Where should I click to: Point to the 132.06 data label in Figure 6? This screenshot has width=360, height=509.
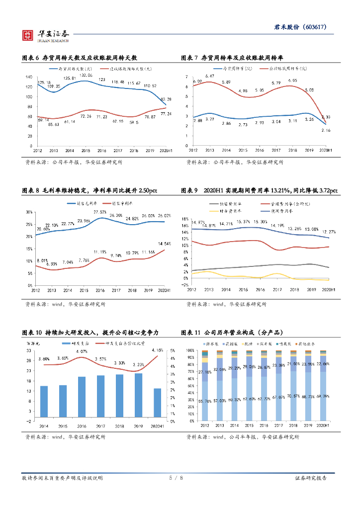pos(87,75)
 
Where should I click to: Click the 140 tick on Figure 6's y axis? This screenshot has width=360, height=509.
pos(28,77)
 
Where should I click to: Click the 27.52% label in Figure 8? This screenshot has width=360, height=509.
pos(100,212)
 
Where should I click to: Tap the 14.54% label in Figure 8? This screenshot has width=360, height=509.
pos(165,244)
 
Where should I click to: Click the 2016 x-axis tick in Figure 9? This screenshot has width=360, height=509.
pos(259,290)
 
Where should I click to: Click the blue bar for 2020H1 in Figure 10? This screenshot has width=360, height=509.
pos(157,404)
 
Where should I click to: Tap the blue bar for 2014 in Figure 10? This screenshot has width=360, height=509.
pos(44,403)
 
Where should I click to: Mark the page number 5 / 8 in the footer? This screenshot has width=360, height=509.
pos(177,478)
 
